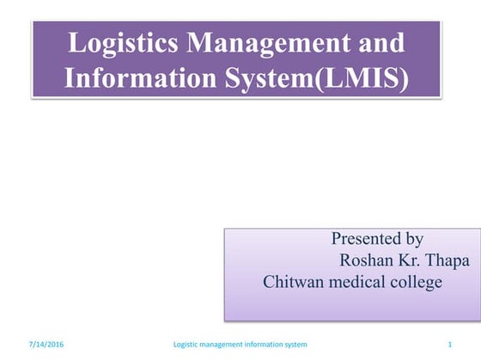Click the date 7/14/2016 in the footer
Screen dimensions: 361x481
(46, 345)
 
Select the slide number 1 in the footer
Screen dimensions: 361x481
(450, 345)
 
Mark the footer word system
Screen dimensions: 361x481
(298, 345)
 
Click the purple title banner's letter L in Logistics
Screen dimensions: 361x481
(76, 43)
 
